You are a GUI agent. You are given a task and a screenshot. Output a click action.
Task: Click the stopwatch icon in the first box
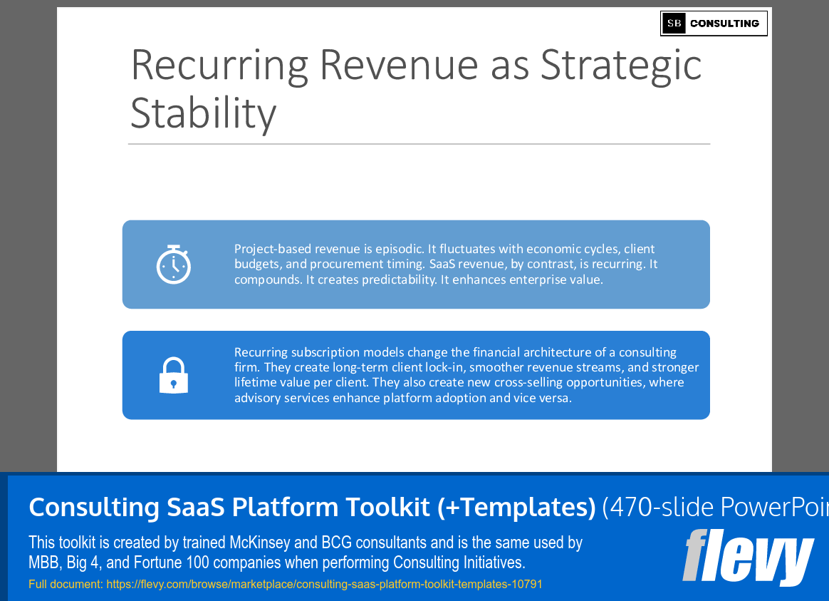tap(173, 264)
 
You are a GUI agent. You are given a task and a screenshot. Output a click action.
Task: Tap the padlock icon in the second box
tap(173, 375)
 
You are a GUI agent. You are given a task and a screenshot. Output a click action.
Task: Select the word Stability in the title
tap(203, 113)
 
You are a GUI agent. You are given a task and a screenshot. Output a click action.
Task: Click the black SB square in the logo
tap(674, 24)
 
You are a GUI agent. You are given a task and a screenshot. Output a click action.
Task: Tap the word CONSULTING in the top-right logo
tap(724, 24)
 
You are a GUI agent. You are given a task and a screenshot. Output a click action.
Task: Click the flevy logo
tap(747, 558)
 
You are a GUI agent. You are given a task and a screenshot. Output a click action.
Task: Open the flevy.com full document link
tap(324, 585)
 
